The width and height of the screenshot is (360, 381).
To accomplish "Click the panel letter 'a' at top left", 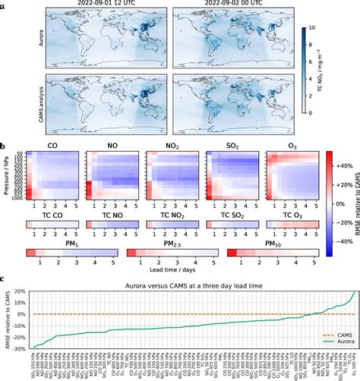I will (x=5, y=4).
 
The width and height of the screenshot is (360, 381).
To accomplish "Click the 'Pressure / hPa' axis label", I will (x=6, y=175).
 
